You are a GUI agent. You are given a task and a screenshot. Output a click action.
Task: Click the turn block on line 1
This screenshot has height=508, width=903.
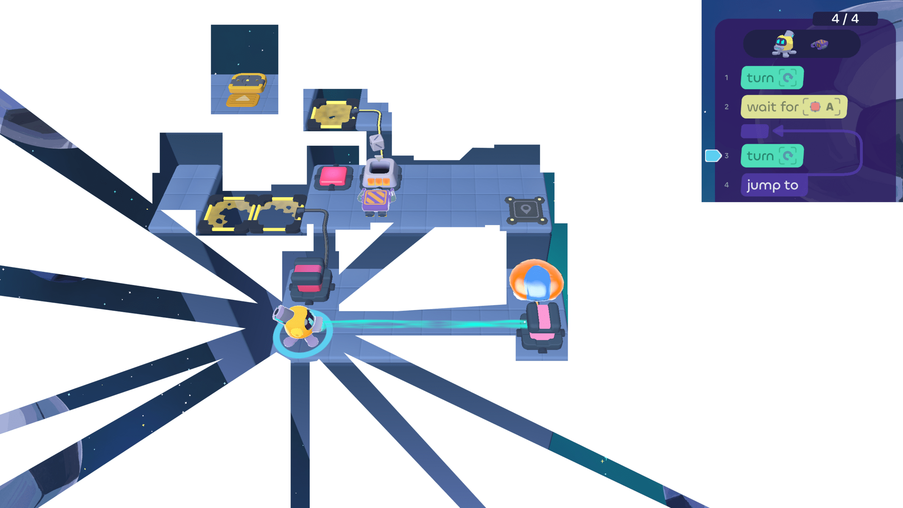coord(772,78)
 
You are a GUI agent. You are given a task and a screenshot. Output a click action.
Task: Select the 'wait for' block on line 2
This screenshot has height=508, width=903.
coord(794,107)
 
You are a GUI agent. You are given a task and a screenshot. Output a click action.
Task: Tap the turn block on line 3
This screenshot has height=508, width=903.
coord(772,156)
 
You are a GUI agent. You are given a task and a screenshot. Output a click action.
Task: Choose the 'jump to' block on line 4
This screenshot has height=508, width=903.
coord(773,185)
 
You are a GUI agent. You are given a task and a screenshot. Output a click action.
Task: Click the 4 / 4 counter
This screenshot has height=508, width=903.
coord(845,18)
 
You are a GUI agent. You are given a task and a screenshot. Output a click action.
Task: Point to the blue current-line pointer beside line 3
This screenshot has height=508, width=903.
coord(712,156)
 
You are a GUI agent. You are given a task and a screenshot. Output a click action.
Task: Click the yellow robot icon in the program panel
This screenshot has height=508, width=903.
coord(784,44)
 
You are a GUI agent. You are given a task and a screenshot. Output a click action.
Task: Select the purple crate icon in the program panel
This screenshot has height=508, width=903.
coord(819,45)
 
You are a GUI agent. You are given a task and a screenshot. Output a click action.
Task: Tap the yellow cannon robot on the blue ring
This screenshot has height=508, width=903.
coord(299,324)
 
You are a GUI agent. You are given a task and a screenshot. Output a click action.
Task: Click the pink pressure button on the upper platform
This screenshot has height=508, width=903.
coord(333,176)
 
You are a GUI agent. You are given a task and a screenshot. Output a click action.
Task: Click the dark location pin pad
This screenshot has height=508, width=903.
coord(526,210)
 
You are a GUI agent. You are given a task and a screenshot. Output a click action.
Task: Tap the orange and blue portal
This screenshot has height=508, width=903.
coord(536,280)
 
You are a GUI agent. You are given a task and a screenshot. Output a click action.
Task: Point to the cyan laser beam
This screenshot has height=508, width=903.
coord(425,324)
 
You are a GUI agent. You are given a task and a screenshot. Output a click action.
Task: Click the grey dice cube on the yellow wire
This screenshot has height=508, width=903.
coord(377,143)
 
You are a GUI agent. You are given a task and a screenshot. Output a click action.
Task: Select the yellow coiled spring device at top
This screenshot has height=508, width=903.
coord(246,89)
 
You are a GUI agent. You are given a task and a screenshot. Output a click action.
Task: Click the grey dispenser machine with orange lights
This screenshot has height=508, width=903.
coord(380,173)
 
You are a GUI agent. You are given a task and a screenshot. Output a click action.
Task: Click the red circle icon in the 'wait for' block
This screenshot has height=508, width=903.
coord(815,107)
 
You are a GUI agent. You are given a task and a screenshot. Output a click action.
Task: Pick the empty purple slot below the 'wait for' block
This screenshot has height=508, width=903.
coord(754,131)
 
